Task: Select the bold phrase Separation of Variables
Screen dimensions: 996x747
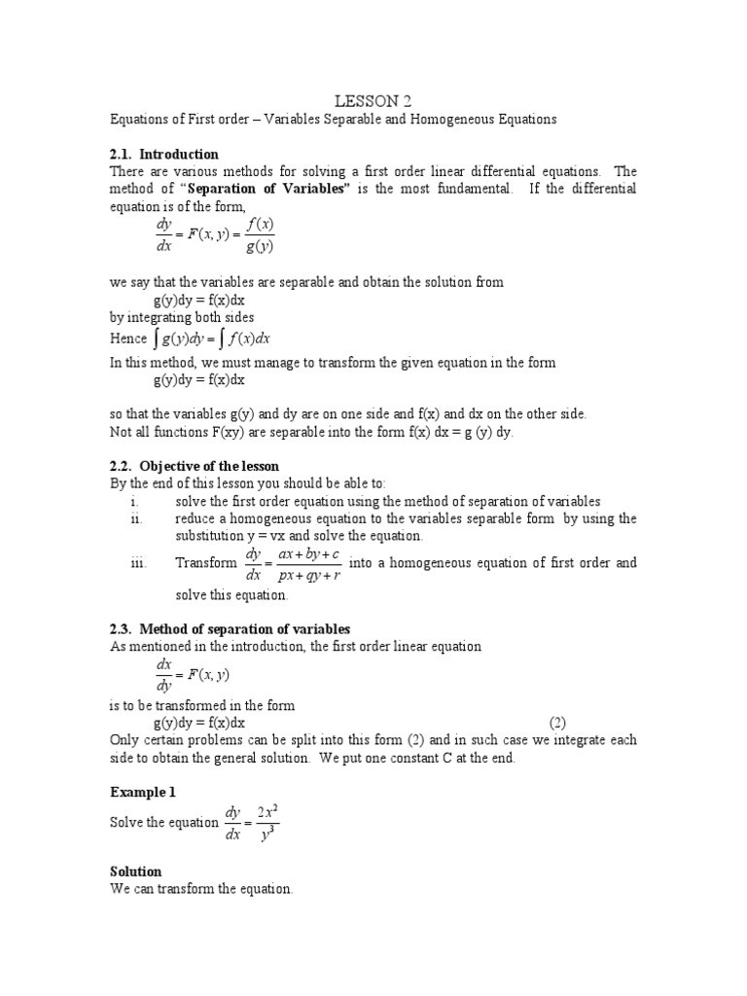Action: [267, 189]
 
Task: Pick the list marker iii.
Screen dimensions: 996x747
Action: [137, 562]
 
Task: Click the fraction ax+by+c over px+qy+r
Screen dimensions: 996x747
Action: [307, 563]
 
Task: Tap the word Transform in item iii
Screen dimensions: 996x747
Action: [205, 562]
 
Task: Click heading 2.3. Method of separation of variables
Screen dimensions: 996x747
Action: [230, 629]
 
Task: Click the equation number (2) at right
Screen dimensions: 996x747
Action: [557, 723]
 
